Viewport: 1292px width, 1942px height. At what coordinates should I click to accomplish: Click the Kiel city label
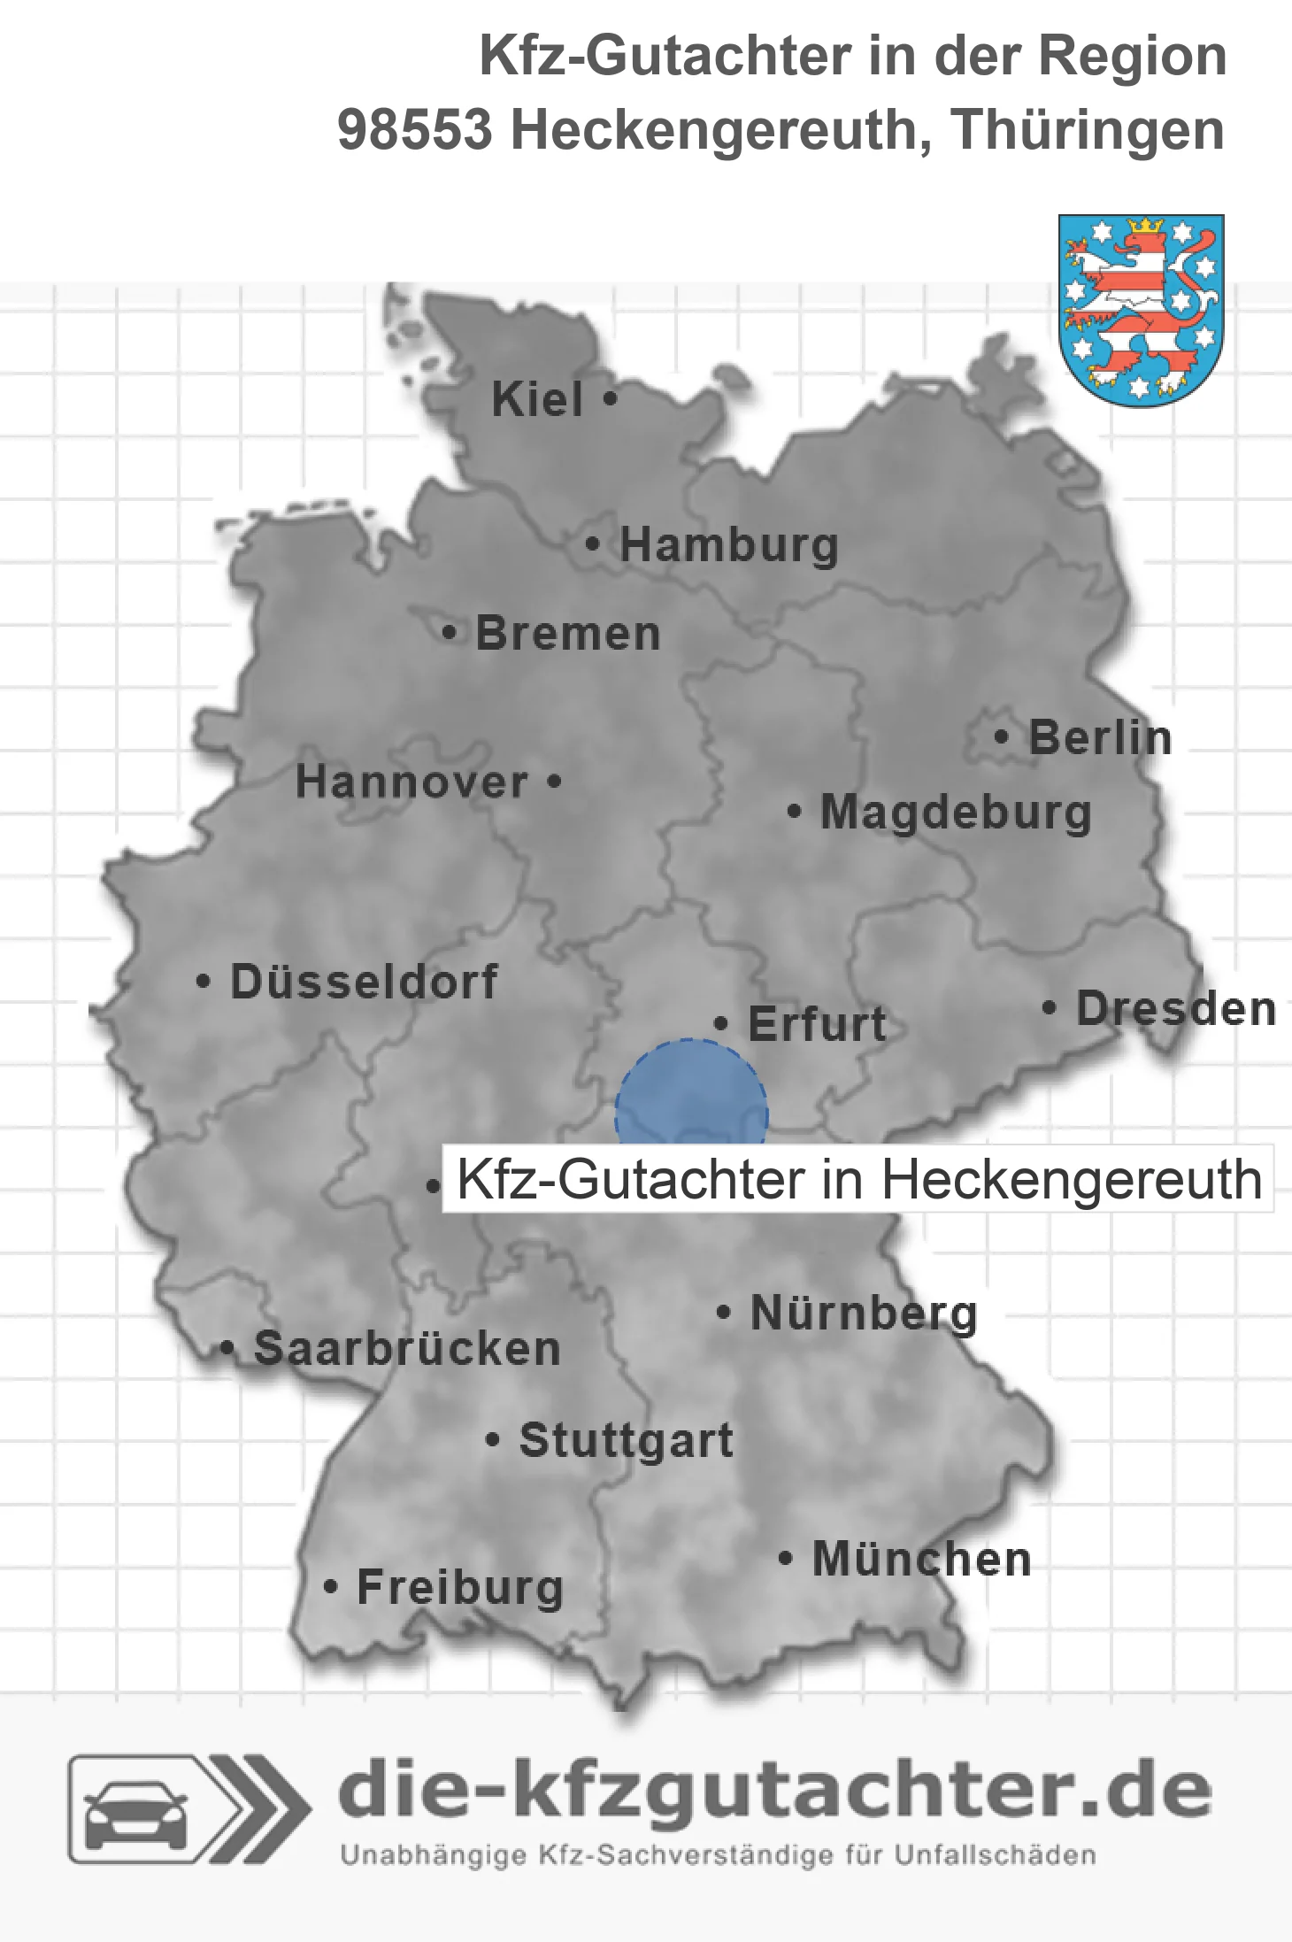tap(537, 399)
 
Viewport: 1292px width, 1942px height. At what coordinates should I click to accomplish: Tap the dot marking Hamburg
tap(592, 544)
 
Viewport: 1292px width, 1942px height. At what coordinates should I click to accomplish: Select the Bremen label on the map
tap(567, 634)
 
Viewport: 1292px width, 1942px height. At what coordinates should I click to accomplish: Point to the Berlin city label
tap(1100, 738)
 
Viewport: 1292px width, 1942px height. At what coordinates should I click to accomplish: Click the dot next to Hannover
tap(554, 782)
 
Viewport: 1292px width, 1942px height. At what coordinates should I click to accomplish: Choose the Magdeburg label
tap(956, 813)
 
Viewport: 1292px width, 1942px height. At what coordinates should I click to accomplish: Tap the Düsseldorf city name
tap(364, 982)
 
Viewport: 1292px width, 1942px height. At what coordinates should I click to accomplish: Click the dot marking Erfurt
tap(720, 1024)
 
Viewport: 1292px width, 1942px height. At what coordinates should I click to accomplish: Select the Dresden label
tap(1176, 1009)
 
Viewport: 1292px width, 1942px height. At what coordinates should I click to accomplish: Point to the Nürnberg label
tap(864, 1313)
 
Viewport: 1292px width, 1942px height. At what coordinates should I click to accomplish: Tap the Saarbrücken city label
tap(407, 1349)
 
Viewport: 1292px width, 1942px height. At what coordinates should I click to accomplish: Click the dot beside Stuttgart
tap(493, 1439)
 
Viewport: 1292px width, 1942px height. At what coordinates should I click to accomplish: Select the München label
tap(921, 1560)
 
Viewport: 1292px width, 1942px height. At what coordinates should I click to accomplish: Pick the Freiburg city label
tap(460, 1588)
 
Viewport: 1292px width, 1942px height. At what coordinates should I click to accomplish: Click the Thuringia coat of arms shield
tap(1141, 309)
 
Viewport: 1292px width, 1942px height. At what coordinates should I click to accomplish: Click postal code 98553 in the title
tap(414, 131)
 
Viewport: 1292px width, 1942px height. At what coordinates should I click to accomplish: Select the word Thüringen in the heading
tap(1088, 131)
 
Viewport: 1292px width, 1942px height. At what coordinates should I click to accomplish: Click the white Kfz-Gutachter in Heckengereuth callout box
tap(857, 1179)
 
